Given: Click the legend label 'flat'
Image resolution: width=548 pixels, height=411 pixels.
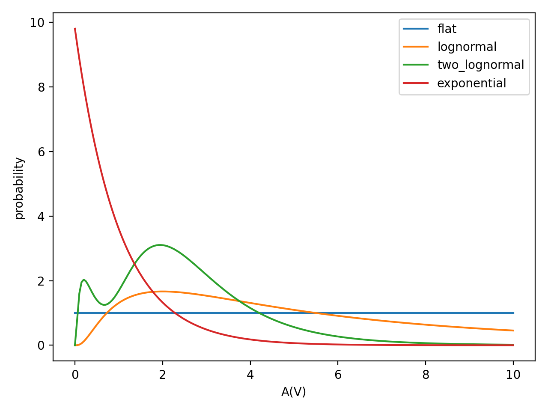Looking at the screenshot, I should (x=447, y=29).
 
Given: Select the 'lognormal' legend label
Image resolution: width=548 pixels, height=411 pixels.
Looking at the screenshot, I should (x=467, y=47).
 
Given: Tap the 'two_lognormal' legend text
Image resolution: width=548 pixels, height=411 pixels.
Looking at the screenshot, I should (x=480, y=65).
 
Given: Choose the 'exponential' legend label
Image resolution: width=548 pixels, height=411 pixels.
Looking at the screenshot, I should (x=471, y=83).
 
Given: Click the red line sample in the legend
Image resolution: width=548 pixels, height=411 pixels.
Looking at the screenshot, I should (x=416, y=83).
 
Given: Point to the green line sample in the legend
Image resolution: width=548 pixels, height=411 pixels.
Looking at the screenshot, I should (x=416, y=65).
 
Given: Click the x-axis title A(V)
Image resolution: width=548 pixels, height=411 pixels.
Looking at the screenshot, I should (x=294, y=392).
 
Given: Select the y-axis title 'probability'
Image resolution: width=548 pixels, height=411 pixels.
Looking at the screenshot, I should (x=19, y=188).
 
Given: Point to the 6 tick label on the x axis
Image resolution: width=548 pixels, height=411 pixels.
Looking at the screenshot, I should (x=338, y=375).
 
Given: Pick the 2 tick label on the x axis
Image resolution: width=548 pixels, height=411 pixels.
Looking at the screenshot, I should (x=162, y=375).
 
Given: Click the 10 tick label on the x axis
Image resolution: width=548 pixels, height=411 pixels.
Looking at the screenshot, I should (x=513, y=375).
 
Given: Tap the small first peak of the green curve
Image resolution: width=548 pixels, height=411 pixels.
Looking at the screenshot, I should (x=84, y=280).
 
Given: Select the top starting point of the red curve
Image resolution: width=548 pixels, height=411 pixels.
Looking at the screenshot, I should (x=75, y=29).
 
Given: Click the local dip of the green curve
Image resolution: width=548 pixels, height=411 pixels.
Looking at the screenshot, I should (x=104, y=305).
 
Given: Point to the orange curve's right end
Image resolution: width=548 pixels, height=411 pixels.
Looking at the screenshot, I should (x=513, y=331).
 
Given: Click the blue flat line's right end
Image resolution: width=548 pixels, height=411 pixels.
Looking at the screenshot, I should (x=513, y=313).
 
